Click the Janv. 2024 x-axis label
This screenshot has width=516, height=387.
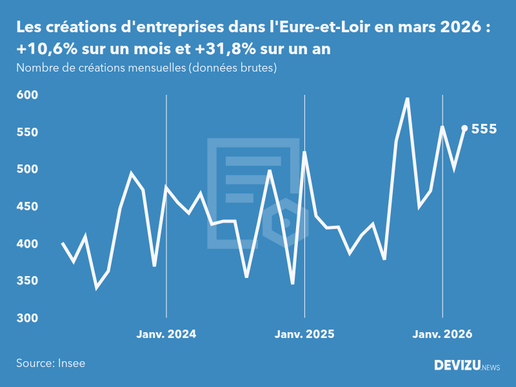tap(166, 334)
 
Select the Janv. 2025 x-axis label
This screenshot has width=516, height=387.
tap(304, 334)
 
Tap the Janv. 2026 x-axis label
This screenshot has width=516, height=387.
tap(442, 334)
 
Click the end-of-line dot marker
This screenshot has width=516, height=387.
tap(464, 128)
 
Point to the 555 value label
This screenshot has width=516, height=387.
tap(484, 129)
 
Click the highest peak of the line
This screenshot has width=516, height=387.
tap(407, 99)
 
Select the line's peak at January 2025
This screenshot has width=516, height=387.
tap(304, 152)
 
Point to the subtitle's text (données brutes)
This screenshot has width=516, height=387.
tap(232, 68)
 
